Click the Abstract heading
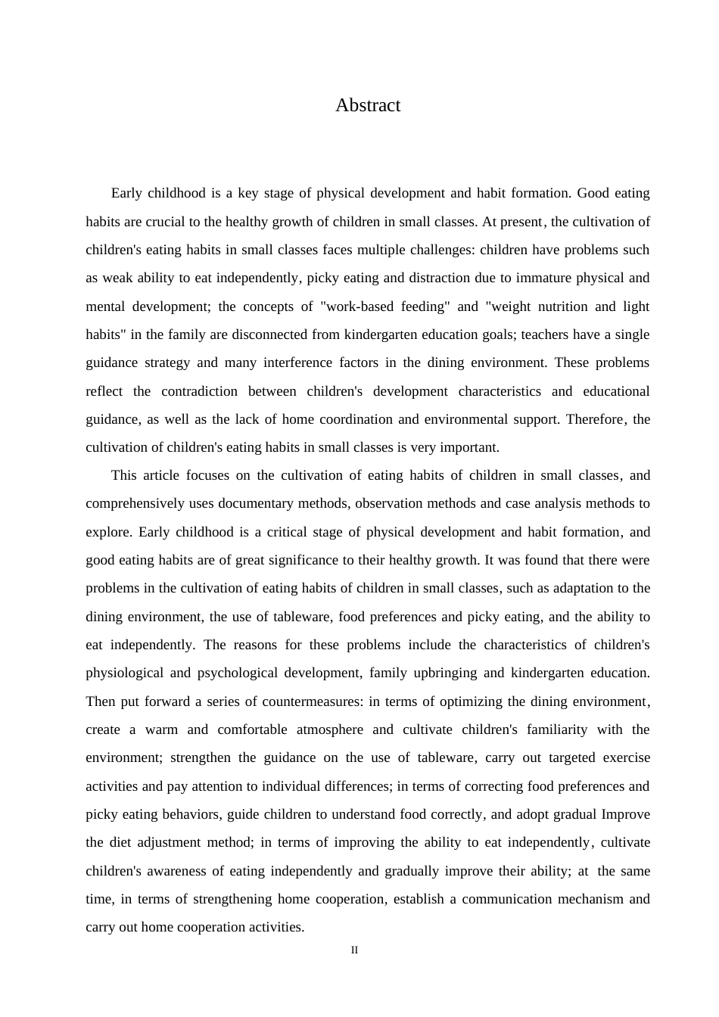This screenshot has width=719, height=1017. (368, 105)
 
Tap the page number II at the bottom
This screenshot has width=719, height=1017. (354, 950)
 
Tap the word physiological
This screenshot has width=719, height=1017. (124, 673)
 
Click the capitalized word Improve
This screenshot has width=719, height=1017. (625, 814)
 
